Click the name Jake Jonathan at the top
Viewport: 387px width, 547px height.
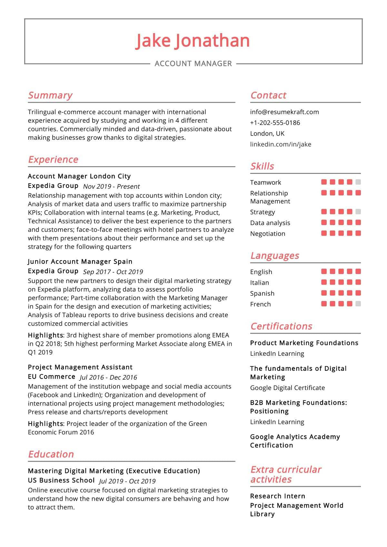click(x=193, y=41)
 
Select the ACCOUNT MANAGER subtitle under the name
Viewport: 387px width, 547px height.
click(x=193, y=64)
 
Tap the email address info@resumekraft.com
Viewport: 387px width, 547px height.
click(x=284, y=112)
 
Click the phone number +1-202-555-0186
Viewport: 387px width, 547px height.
click(x=275, y=123)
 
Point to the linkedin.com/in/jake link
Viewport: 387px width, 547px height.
click(x=281, y=144)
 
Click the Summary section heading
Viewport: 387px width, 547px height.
click(x=50, y=95)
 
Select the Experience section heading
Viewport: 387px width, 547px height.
click(x=53, y=159)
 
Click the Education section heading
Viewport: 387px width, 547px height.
click(x=51, y=454)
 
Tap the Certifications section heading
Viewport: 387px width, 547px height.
click(x=281, y=326)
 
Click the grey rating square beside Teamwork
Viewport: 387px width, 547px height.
click(x=358, y=182)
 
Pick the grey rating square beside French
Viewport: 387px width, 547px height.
click(x=358, y=304)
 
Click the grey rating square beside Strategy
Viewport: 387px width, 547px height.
click(x=358, y=212)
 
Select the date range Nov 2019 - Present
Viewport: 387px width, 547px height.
click(x=111, y=186)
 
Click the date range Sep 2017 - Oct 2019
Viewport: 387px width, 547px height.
click(x=113, y=272)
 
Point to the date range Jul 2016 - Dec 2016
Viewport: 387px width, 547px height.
click(x=108, y=377)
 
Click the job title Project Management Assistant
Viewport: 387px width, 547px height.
click(x=80, y=367)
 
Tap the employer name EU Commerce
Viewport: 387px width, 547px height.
click(x=52, y=377)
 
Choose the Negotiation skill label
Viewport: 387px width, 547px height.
click(x=268, y=234)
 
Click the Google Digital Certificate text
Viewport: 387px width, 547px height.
click(x=287, y=388)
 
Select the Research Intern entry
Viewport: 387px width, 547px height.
click(x=277, y=496)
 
